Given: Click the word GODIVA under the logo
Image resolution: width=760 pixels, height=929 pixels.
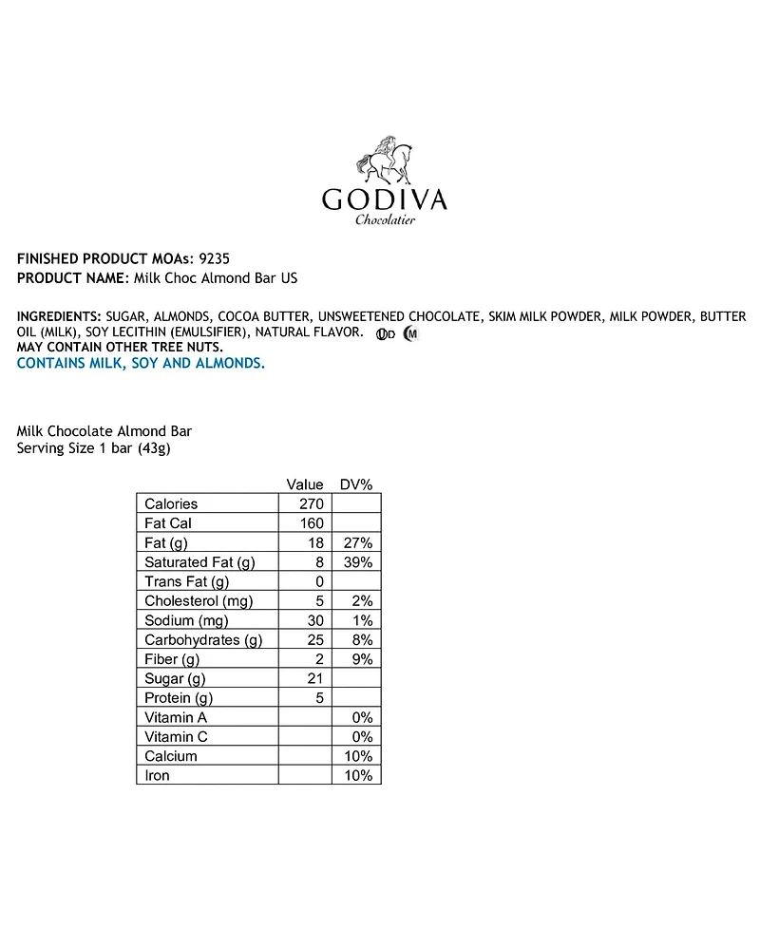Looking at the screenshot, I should pos(384,199).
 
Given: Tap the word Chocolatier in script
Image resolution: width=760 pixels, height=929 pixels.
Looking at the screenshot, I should pos(386,221).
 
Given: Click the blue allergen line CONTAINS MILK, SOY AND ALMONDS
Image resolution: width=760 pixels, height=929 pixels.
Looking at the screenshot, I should pos(141,363).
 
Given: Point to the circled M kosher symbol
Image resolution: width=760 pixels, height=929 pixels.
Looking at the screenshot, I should pos(410,333).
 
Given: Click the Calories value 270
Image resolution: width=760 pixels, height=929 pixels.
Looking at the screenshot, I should pos(312,503).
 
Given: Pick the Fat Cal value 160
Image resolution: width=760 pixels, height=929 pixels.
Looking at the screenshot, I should pos(312,523).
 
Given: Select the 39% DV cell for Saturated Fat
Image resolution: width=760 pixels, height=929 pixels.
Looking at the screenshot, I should pos(358,562).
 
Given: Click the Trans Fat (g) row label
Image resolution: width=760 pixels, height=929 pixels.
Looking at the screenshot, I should pos(186,581).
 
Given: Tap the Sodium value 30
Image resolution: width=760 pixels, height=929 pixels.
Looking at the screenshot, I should pos(315,620).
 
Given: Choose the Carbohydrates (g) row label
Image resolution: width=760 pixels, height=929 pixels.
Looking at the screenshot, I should pos(203,640).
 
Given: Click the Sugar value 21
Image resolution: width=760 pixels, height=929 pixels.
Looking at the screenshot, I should pos(315,679).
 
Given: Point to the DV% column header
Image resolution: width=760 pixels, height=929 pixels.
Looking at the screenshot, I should pos(356,484).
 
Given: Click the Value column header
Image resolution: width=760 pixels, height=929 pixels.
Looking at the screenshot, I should pos(305,484).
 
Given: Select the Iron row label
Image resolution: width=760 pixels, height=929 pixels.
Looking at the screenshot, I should pos(158,775).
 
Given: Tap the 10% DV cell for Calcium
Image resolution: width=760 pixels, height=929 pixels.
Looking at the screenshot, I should pos(358,756).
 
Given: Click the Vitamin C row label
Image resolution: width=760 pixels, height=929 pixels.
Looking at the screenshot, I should pos(177,737).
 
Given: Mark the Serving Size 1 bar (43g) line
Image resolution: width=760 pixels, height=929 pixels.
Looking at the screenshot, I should pos(93,449).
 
